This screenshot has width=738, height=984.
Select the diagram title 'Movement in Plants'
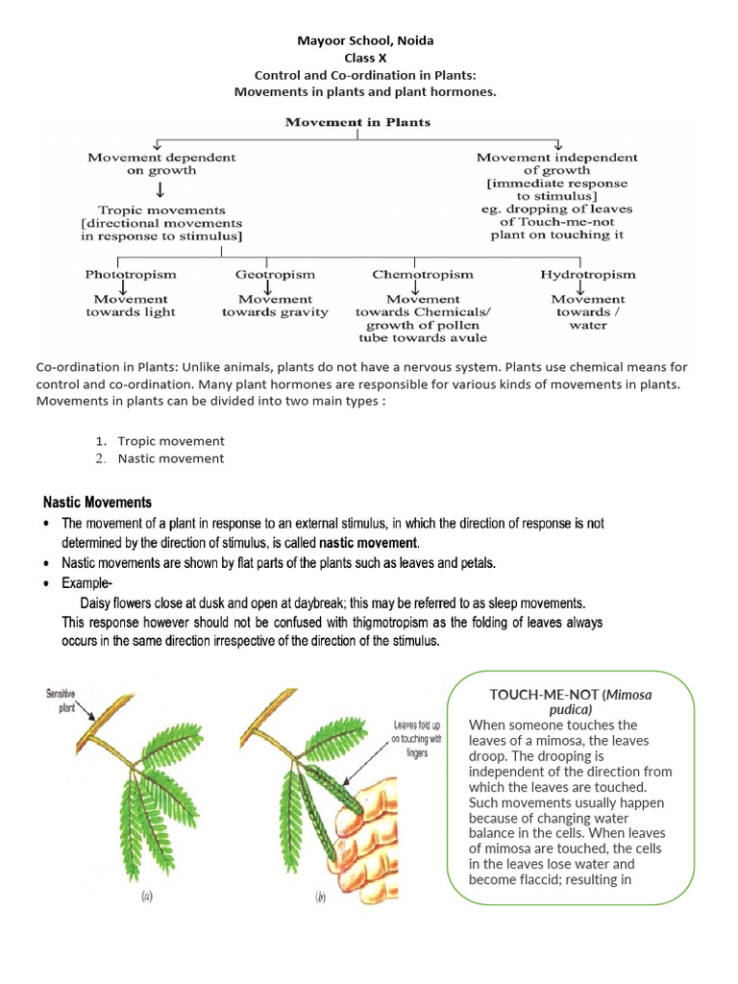tap(357, 122)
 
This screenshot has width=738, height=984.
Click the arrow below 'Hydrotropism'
tap(580, 287)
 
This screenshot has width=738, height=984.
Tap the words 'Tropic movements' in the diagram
tap(161, 209)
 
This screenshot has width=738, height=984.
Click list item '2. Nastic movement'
tap(170, 458)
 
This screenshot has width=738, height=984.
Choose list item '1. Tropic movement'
tap(170, 441)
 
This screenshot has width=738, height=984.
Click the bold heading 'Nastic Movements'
tap(97, 503)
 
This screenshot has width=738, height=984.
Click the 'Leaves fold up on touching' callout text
tap(418, 740)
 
